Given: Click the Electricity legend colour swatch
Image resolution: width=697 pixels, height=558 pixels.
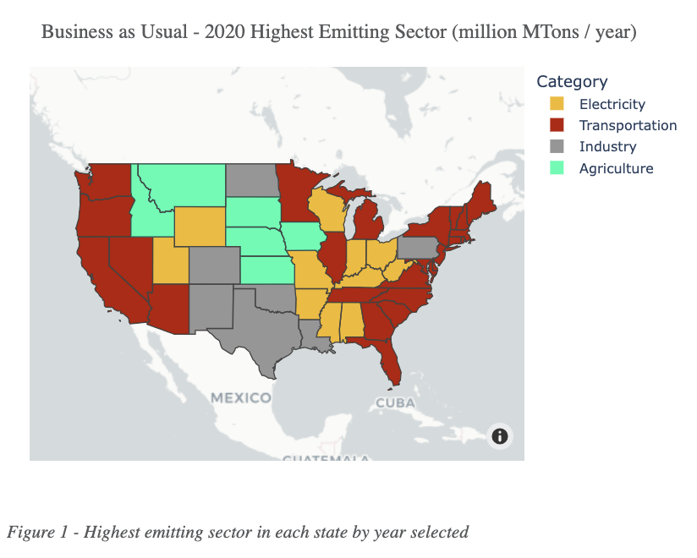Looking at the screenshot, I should [x=557, y=104].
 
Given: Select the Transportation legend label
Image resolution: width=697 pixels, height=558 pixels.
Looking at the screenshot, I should [x=628, y=125].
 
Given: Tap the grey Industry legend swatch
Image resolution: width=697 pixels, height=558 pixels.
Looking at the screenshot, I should [x=557, y=147].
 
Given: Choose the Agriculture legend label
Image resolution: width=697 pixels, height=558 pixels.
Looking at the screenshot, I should [x=616, y=168].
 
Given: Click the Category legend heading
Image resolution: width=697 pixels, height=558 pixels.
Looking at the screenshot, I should [x=572, y=82].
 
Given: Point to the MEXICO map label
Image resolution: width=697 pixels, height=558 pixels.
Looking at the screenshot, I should [x=241, y=397].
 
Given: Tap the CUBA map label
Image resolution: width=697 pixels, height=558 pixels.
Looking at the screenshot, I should [x=395, y=402].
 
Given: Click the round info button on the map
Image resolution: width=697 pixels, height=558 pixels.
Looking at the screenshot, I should [x=500, y=435].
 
